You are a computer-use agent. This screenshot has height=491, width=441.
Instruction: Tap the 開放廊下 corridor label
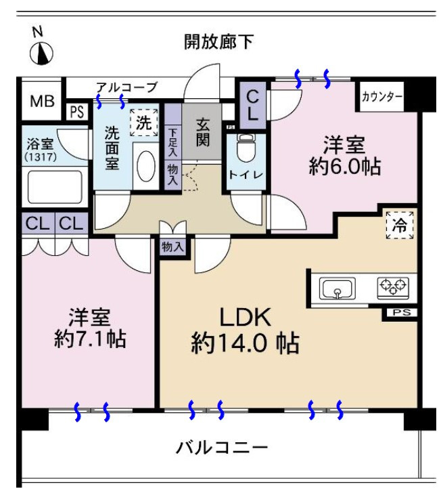click(x=218, y=41)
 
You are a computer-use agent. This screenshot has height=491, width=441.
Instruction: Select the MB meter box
click(x=42, y=100)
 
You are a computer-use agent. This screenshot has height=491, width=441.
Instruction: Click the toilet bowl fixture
click(x=246, y=148)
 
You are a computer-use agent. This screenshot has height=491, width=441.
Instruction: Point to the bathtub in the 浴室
click(x=55, y=187)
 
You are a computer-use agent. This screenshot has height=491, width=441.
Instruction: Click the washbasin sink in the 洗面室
click(x=146, y=166)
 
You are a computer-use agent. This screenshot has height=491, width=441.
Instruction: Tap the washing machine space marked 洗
click(x=144, y=123)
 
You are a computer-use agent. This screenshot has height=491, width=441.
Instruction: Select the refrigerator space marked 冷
click(x=400, y=225)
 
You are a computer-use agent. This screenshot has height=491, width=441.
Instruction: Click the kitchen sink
click(x=337, y=288)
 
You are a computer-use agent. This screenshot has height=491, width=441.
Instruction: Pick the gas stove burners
click(x=393, y=287)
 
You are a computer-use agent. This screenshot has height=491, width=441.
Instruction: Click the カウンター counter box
click(x=381, y=96)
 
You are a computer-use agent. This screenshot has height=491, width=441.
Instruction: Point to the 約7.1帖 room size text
click(x=90, y=339)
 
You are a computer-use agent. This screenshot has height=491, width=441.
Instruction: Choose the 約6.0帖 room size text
click(x=345, y=166)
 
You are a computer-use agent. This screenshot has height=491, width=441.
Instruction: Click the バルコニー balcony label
click(x=221, y=448)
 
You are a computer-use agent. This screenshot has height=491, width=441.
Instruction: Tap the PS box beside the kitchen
click(x=402, y=312)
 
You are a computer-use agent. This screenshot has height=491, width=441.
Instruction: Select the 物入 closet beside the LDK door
click(x=172, y=247)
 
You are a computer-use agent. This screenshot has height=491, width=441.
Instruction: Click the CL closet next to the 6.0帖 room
click(x=252, y=106)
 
